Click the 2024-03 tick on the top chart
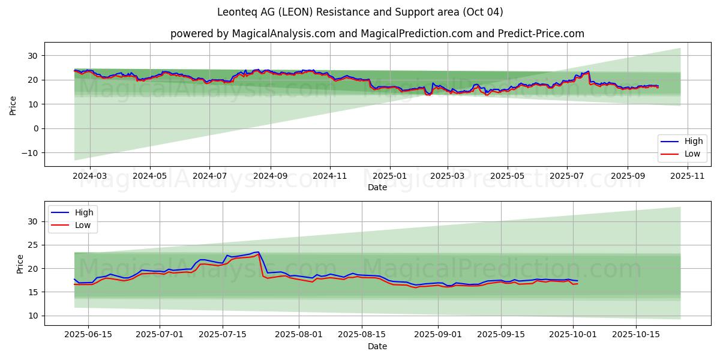pyautogui.click(x=89, y=176)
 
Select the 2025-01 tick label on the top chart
pyautogui.click(x=389, y=176)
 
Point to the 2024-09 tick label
pyautogui.click(x=269, y=176)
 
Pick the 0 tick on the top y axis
pyautogui.click(x=36, y=128)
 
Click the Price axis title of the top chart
pyautogui.click(x=13, y=104)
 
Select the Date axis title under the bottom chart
pyautogui.click(x=377, y=346)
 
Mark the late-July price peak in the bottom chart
pyautogui.click(x=258, y=252)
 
